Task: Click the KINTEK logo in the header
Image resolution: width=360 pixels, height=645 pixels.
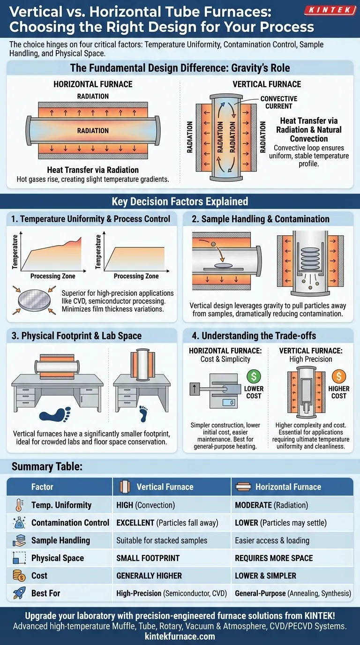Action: click(x=330, y=10)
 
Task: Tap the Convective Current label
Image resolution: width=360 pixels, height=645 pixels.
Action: click(x=279, y=102)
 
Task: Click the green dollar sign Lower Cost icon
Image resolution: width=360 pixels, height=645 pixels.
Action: click(x=254, y=376)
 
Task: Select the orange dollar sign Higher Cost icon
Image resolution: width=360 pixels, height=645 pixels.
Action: click(x=339, y=376)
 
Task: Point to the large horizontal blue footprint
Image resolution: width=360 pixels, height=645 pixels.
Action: click(x=55, y=414)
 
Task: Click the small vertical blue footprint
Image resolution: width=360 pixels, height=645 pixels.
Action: click(x=143, y=413)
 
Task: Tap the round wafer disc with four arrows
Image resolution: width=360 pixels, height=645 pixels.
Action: click(x=34, y=300)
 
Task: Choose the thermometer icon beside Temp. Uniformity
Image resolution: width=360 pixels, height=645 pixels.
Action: click(x=20, y=505)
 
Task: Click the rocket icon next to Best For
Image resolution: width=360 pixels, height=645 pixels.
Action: click(x=19, y=593)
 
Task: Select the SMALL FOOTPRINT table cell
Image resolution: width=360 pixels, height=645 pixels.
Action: click(x=148, y=558)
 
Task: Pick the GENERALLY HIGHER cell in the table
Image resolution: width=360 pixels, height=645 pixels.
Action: click(x=149, y=576)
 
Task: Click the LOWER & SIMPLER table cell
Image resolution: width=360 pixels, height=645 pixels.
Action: click(x=265, y=576)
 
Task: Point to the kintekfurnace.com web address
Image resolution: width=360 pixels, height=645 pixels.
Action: click(x=180, y=636)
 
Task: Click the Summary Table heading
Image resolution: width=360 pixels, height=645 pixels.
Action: click(x=47, y=466)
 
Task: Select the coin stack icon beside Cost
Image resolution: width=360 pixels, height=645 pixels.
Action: click(x=19, y=576)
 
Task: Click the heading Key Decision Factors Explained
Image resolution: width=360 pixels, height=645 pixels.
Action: click(x=180, y=201)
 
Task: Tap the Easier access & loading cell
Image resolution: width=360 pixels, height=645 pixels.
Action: click(x=272, y=540)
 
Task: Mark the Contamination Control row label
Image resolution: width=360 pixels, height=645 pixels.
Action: click(x=70, y=523)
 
